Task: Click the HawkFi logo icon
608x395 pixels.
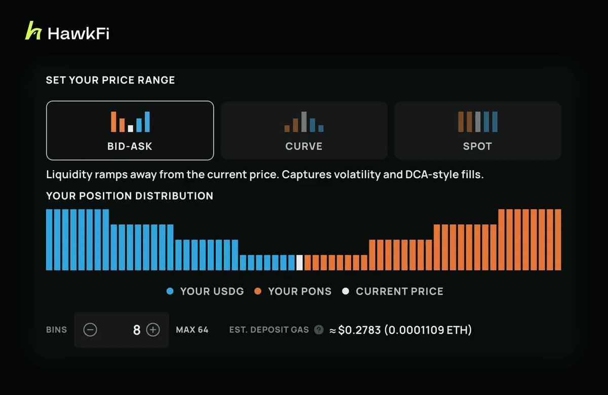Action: coord(33,30)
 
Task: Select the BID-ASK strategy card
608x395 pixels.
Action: coord(130,131)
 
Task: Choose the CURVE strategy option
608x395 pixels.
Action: coord(304,131)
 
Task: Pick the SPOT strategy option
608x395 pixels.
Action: coord(478,131)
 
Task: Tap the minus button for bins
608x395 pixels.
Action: coord(90,330)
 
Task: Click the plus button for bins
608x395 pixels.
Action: coord(153,330)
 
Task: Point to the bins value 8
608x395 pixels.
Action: coord(136,330)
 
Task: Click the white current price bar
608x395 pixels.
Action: coord(299,263)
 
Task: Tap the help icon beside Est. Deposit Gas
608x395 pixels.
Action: coord(319,330)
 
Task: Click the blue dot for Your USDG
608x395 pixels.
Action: coord(170,291)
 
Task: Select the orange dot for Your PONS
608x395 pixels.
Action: coord(258,291)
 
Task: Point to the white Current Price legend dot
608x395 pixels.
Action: coord(346,291)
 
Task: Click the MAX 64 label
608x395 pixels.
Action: coord(192,330)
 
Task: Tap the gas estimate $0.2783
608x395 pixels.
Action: coord(359,330)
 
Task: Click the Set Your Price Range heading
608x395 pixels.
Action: coord(110,80)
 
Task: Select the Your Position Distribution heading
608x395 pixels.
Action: coord(130,196)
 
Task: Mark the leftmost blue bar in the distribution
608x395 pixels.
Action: coord(50,240)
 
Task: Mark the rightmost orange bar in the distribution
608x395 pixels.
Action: coord(558,240)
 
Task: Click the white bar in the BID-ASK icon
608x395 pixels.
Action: coord(131,129)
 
